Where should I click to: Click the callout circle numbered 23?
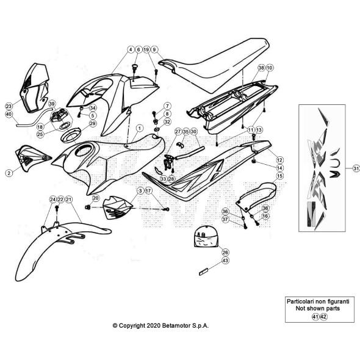(x=9, y=106)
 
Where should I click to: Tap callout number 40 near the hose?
(x=9, y=114)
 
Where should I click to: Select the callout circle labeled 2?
(x=9, y=173)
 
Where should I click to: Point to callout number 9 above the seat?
(x=154, y=49)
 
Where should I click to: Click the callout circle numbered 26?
(x=225, y=253)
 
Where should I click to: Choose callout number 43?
(x=225, y=261)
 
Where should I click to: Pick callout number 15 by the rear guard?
(x=279, y=176)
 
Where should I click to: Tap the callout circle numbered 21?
(x=68, y=200)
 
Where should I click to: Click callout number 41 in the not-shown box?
(x=315, y=317)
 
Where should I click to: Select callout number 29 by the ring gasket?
(x=93, y=123)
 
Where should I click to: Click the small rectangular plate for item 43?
(x=203, y=272)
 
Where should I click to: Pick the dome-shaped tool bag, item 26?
(x=206, y=237)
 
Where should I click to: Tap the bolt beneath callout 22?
(x=57, y=209)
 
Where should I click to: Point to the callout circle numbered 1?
(x=140, y=128)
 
